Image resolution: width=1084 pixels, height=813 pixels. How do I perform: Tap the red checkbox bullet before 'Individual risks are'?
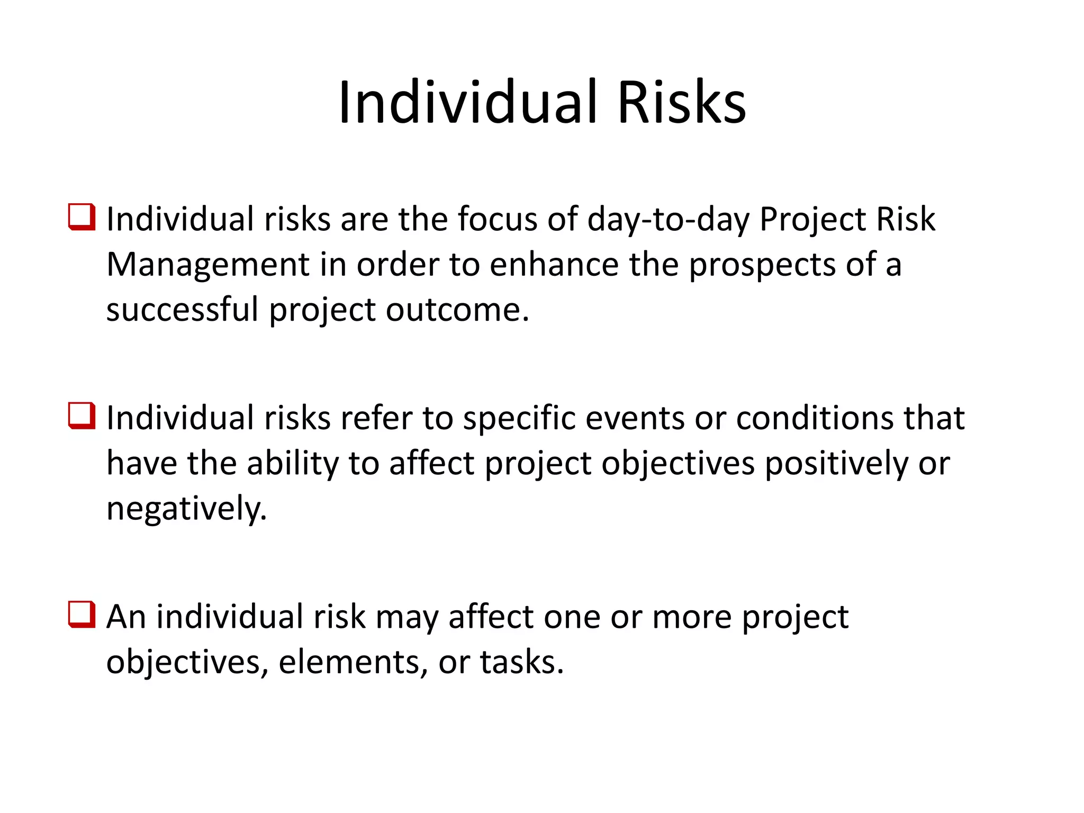(x=82, y=217)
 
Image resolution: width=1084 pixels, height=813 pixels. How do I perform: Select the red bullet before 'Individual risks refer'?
(x=82, y=415)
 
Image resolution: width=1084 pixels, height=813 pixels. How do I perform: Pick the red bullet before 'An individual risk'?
(x=82, y=615)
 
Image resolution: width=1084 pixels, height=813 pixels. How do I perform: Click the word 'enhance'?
(x=554, y=265)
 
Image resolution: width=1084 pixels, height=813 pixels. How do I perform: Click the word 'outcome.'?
(x=457, y=310)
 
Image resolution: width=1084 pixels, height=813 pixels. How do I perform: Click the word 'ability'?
(x=292, y=464)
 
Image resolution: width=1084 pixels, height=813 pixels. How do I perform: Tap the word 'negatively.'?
(x=186, y=509)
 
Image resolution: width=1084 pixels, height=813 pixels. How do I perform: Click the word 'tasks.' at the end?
(x=522, y=662)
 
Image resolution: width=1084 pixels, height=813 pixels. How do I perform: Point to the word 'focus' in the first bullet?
(x=497, y=220)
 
